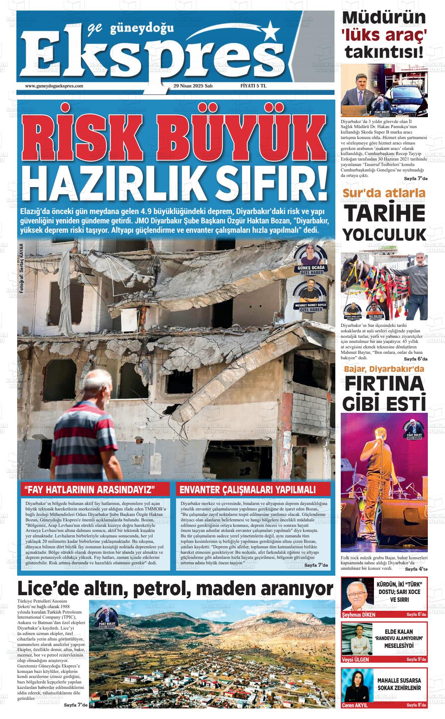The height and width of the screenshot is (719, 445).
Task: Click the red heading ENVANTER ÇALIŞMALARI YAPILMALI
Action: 253,489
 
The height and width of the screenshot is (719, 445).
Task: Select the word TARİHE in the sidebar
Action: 384,213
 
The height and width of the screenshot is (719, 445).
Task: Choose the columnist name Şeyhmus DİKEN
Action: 358,614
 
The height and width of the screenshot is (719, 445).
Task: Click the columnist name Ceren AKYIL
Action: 355,716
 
